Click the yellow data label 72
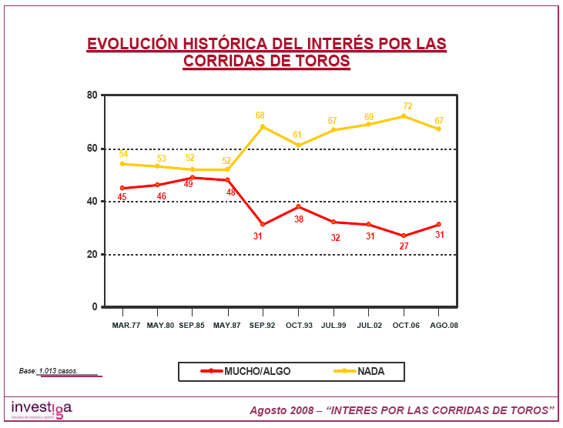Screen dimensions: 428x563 point(408,106)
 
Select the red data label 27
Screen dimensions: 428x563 point(404,246)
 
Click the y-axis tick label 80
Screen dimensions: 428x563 point(92,95)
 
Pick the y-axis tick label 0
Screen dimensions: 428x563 point(96,307)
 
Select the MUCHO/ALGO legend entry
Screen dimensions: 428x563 point(246,371)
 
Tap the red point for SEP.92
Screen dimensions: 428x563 point(263,224)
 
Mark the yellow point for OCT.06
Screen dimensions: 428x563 point(404,116)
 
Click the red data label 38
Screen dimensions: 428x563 point(297,219)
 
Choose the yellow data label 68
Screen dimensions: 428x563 point(261,115)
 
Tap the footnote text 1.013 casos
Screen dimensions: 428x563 point(59,371)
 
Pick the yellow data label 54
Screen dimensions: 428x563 point(124,154)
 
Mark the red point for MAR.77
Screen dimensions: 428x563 point(122,188)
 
